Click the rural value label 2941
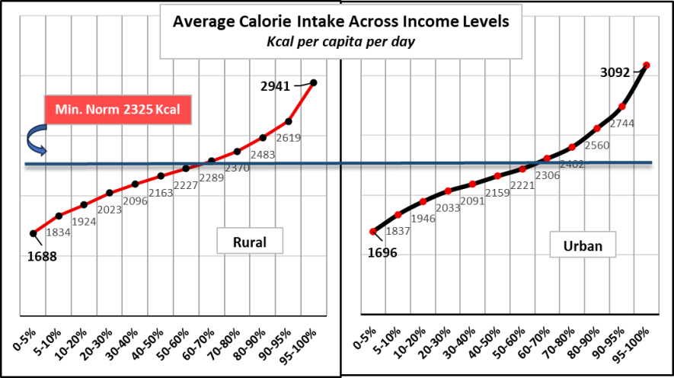point(275,86)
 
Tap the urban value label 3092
point(615,73)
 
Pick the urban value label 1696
point(382,252)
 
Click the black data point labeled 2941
point(315,82)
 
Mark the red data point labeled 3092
point(647,66)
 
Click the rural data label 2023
point(110,209)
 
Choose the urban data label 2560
point(598,146)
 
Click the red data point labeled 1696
point(373,232)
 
